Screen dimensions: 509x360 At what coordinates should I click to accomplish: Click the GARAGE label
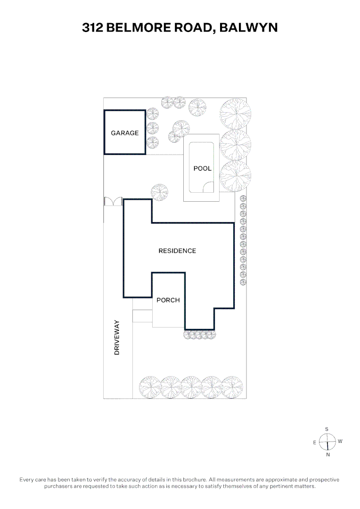(125, 133)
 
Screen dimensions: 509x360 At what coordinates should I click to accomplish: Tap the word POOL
(203, 168)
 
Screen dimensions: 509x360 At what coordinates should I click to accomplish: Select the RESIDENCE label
(177, 251)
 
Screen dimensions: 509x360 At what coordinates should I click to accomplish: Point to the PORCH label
(168, 300)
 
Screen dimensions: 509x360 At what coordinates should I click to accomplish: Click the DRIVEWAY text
(117, 337)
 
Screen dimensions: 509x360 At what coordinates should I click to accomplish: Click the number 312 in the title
(93, 28)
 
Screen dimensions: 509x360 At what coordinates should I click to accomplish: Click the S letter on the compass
(327, 429)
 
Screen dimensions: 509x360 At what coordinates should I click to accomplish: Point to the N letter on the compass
(327, 455)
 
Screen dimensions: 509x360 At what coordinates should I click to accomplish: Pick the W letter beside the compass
(340, 442)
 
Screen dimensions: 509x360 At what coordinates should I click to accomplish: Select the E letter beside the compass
(314, 443)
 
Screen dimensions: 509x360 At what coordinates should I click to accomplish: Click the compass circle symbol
(327, 442)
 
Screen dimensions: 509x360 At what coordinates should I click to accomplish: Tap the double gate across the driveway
(113, 202)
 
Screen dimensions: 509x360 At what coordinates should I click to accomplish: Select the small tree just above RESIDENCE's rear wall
(159, 192)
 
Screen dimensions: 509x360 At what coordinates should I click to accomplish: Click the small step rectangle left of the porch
(142, 316)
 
